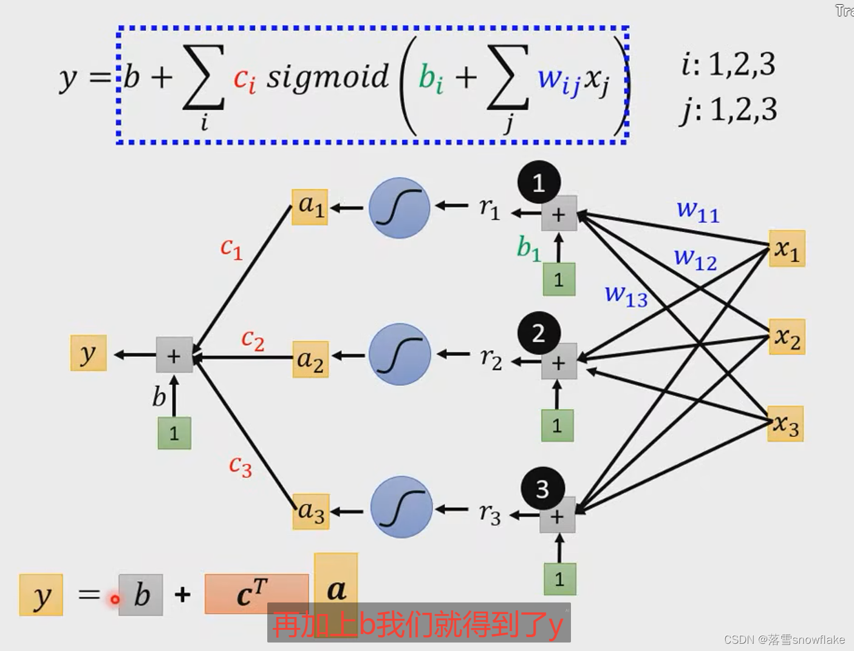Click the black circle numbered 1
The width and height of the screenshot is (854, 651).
coord(539,182)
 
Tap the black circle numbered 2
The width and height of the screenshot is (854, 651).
coord(539,333)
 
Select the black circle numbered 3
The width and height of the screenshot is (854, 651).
coord(542,489)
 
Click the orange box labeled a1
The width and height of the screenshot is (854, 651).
coord(310,207)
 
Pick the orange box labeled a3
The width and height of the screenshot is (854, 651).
coord(310,511)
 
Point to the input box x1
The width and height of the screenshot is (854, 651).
coord(787,249)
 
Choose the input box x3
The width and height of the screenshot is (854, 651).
coord(785,423)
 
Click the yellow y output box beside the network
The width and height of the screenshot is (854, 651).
coord(89,353)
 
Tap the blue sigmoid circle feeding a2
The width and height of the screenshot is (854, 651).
coord(400,354)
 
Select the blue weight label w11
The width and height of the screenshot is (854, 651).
coord(698,211)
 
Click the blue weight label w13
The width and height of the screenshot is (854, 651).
coord(626,295)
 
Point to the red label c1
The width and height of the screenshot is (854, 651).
coord(231,248)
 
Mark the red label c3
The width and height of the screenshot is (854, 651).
coord(240,466)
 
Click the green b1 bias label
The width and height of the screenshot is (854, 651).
coord(528,248)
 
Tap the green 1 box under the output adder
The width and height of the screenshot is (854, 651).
coord(174,433)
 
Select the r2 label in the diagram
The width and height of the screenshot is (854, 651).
coord(491,359)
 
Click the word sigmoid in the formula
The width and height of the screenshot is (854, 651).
coord(327,77)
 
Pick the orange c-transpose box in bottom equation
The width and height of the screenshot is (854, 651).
coord(256,594)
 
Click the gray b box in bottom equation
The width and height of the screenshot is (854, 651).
coord(141,595)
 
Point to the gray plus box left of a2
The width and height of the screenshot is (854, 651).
coord(174,355)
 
